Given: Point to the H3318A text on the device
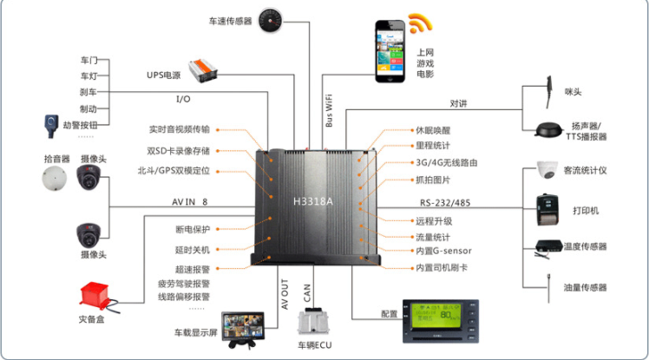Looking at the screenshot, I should tap(313, 200).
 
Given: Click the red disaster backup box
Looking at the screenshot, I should tap(97, 296).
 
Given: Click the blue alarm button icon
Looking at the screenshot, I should tap(49, 124).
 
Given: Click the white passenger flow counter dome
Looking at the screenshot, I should tap(547, 170).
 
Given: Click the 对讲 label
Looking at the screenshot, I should tap(458, 103).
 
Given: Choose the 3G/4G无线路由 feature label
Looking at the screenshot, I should tap(447, 163).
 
